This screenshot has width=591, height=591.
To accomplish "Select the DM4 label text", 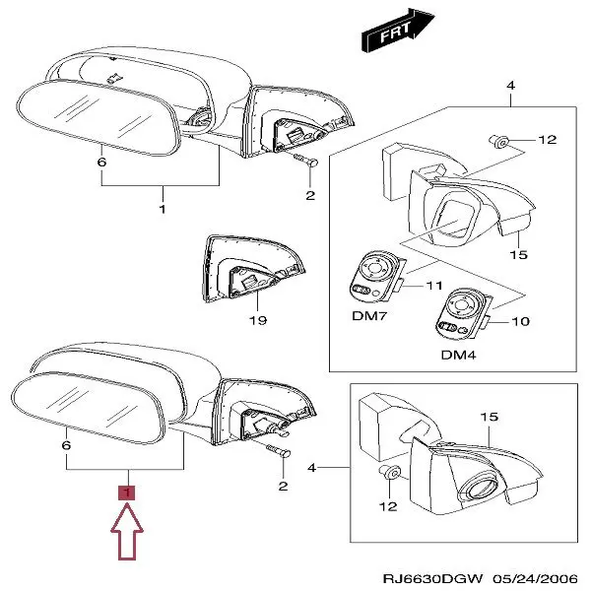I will click(x=458, y=354).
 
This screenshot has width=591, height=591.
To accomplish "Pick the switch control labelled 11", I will click(x=374, y=279).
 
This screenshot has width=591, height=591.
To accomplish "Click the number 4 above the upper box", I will click(x=510, y=87).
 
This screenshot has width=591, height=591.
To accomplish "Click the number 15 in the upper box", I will click(x=519, y=254).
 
